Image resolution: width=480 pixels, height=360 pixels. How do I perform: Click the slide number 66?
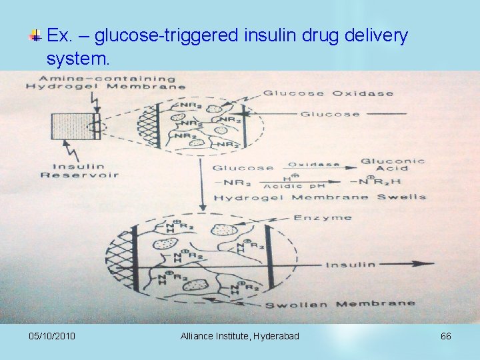(x=445, y=336)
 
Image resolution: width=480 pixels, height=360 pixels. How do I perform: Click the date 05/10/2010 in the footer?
(x=53, y=336)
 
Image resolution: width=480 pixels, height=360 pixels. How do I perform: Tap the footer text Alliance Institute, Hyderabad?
(x=239, y=336)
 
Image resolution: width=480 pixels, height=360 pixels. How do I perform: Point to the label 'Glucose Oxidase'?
(x=329, y=93)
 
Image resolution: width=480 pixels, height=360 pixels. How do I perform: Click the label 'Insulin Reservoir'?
(x=79, y=171)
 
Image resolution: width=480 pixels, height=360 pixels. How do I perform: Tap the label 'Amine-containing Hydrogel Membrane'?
(x=105, y=82)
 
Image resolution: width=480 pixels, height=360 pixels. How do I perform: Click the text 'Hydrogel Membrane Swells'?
(x=320, y=197)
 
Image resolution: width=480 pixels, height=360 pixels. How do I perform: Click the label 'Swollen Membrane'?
(x=340, y=304)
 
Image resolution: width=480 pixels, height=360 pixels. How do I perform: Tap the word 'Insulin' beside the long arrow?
(x=351, y=265)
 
